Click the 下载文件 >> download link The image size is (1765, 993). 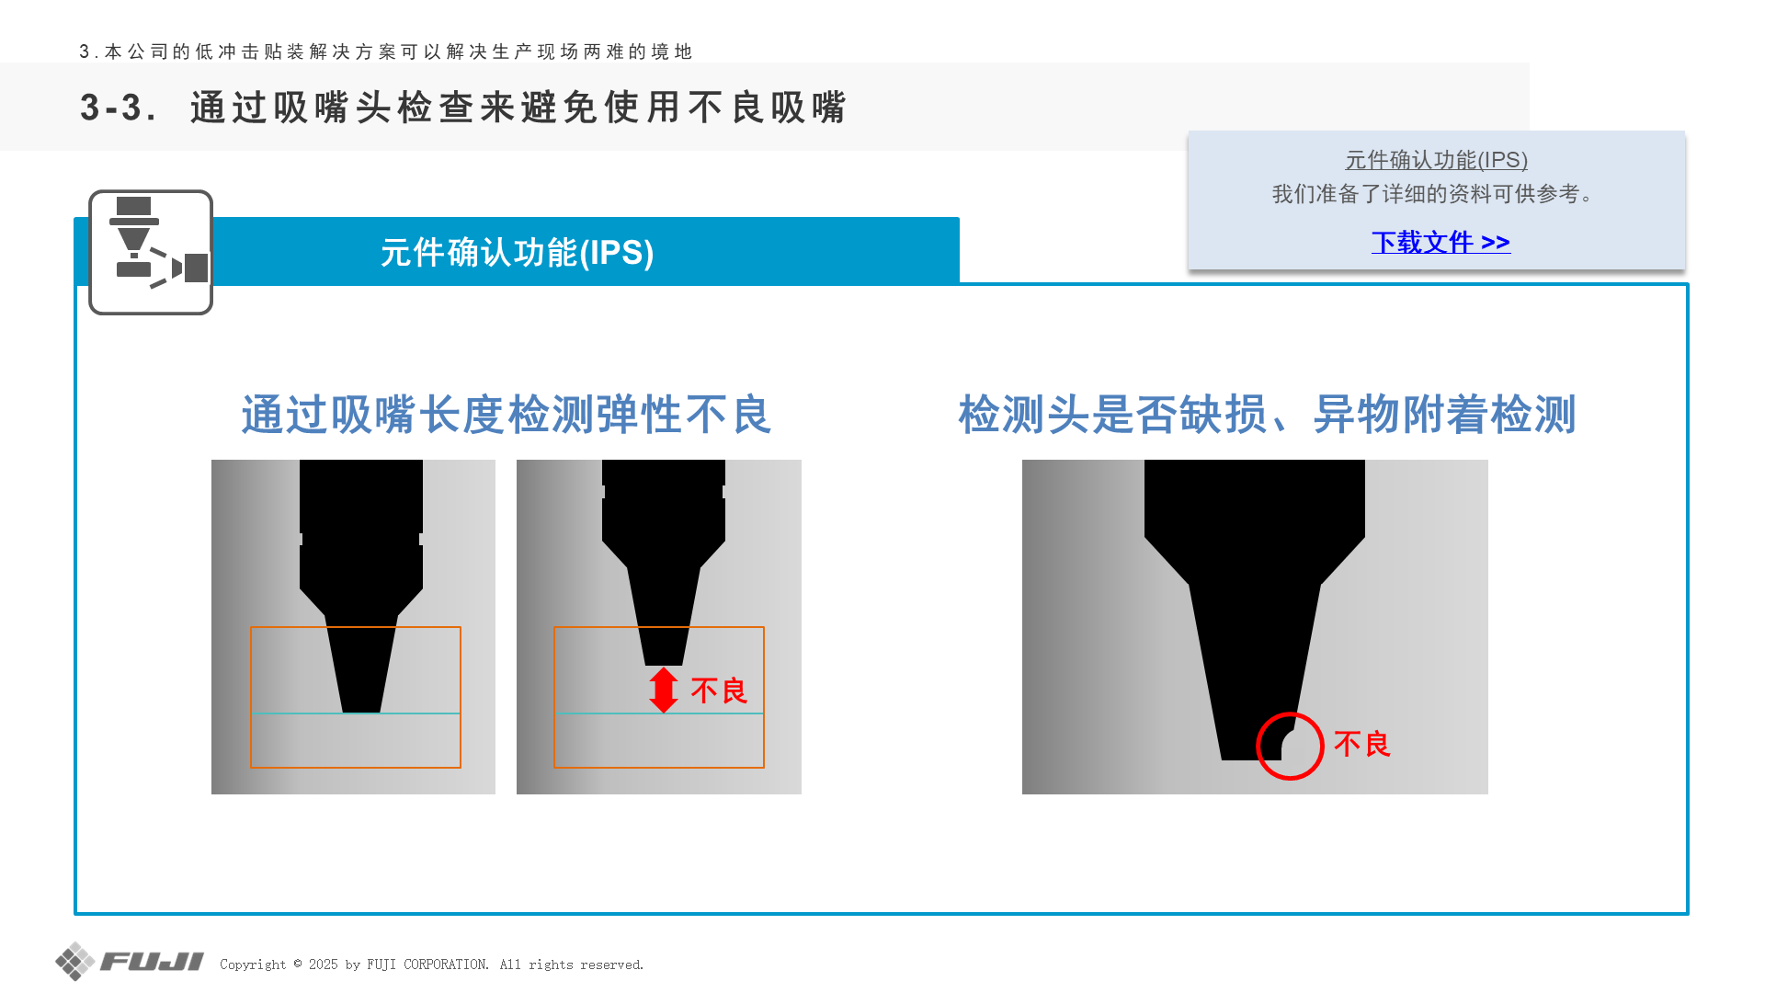[1440, 242]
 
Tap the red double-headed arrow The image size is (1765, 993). [663, 690]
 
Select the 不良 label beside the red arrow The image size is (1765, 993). [719, 691]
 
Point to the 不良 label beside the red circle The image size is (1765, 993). [1362, 744]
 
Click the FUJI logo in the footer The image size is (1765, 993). [130, 962]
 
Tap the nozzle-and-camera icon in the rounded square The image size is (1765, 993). [151, 252]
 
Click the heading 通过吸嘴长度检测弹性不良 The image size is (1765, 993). [507, 415]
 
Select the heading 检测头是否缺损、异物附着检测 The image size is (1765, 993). [1268, 415]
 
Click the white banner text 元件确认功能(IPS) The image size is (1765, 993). [518, 252]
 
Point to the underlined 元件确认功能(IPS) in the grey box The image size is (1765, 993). [1437, 160]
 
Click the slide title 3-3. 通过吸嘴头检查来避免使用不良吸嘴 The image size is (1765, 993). [463, 108]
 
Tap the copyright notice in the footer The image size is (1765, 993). [432, 964]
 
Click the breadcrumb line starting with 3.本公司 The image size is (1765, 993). [386, 51]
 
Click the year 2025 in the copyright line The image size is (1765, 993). [324, 964]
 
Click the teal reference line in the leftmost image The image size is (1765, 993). [356, 713]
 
